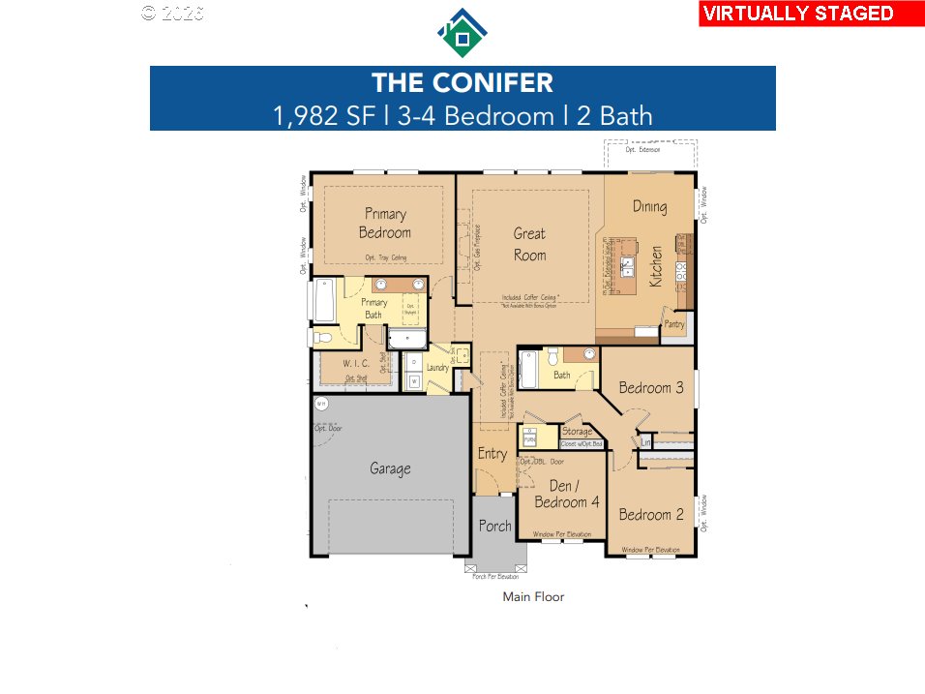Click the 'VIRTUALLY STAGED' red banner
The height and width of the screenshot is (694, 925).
click(x=811, y=14)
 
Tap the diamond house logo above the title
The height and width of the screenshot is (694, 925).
click(x=462, y=34)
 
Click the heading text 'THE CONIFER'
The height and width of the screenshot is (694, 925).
click(x=462, y=82)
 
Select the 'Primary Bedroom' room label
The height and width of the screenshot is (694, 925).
click(x=385, y=223)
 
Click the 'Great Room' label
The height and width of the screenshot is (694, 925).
click(x=529, y=244)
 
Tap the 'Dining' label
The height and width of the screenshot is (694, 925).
click(x=649, y=206)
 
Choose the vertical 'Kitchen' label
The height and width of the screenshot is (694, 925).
click(x=656, y=265)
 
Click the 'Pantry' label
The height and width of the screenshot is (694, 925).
click(x=673, y=325)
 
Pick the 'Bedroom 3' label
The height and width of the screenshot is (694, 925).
click(x=651, y=387)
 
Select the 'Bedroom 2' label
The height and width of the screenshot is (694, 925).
click(x=651, y=514)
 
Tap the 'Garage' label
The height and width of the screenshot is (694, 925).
click(x=390, y=468)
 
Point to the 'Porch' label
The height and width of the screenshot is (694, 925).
click(x=494, y=527)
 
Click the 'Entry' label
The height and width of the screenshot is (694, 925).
click(x=492, y=453)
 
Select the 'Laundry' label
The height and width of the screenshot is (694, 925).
click(x=437, y=368)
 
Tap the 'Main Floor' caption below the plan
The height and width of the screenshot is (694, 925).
click(x=533, y=597)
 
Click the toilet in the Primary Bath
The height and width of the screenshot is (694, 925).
click(x=323, y=338)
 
